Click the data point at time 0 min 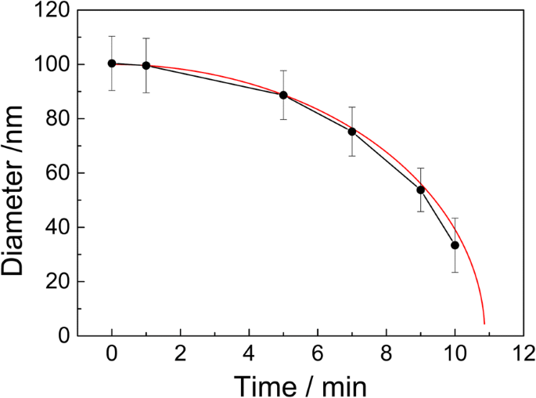[x=112, y=63]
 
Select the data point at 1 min [x=146, y=65]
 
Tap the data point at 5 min [x=283, y=95]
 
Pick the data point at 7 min [x=352, y=132]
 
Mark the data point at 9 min [x=420, y=190]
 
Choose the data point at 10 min [x=455, y=245]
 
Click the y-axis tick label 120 [x=52, y=11]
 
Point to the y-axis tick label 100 [x=52, y=65]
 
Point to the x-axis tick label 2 [x=181, y=353]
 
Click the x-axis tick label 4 [x=249, y=353]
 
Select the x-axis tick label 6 [x=318, y=353]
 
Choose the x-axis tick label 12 [x=523, y=353]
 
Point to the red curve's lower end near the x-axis [x=484, y=322]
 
